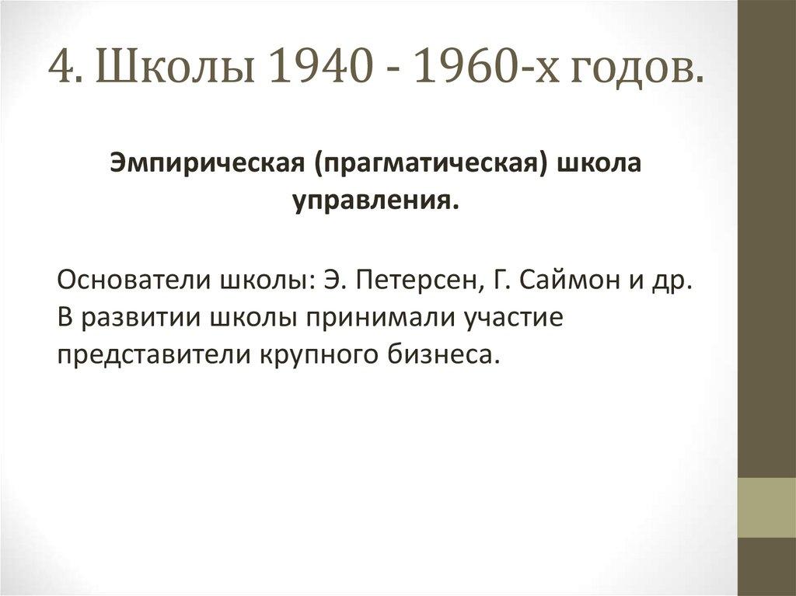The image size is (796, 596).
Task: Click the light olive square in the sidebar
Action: pyautogui.click(x=766, y=507)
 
